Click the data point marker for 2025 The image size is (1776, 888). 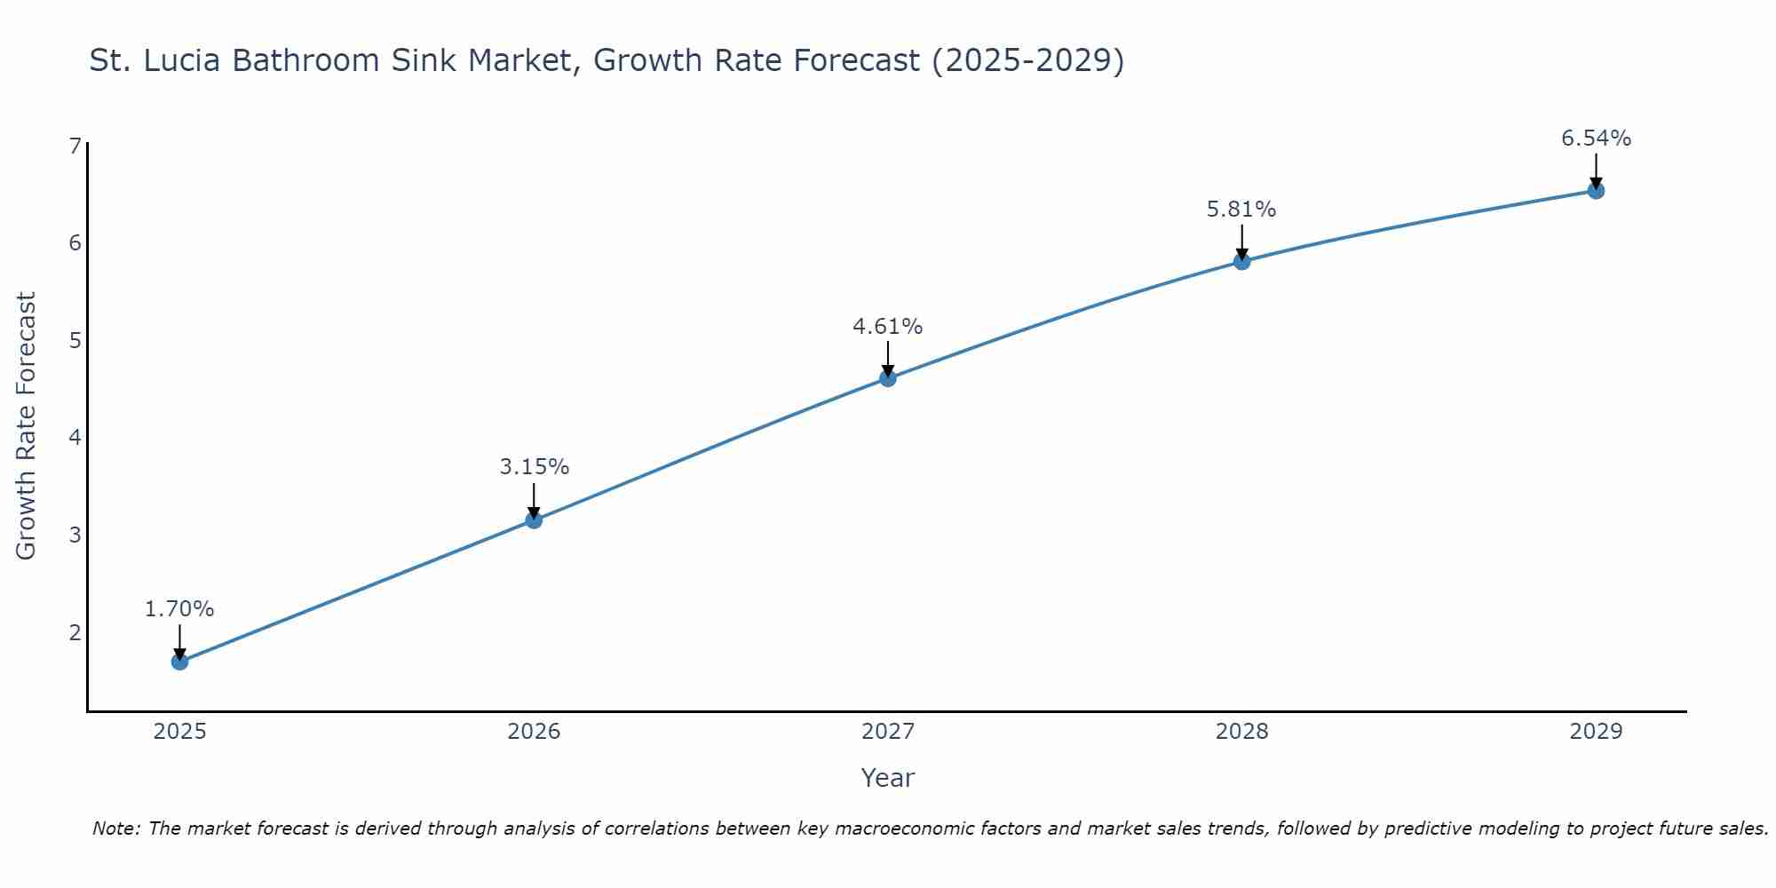(x=179, y=662)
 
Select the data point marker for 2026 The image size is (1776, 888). (x=534, y=520)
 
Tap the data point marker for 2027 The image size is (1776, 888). (x=888, y=379)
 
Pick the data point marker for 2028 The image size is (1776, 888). (x=1241, y=261)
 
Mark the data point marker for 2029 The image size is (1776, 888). (x=1596, y=191)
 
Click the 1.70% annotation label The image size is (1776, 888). (x=179, y=609)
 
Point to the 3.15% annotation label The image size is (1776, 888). (x=534, y=467)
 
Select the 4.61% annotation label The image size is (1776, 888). (x=888, y=327)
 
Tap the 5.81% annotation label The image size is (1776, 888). (x=1241, y=210)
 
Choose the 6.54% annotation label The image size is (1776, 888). (x=1596, y=139)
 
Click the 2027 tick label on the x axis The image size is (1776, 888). (x=888, y=732)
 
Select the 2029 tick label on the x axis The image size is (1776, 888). (x=1596, y=732)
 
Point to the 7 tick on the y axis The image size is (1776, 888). (x=75, y=146)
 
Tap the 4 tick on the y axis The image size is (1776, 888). (x=75, y=438)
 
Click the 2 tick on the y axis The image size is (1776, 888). (x=75, y=632)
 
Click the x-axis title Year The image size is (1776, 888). (x=888, y=778)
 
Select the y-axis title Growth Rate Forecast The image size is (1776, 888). (x=27, y=426)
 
